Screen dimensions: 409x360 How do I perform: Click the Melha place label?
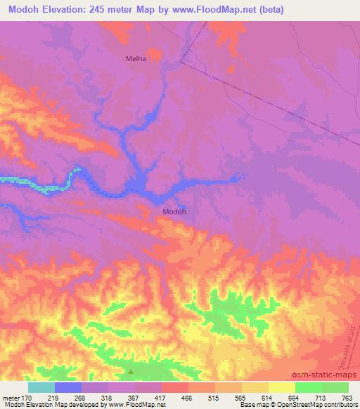(x=136, y=59)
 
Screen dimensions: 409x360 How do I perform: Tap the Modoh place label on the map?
(x=174, y=211)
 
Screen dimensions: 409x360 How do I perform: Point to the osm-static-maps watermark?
(x=321, y=377)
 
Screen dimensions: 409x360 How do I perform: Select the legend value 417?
(x=161, y=398)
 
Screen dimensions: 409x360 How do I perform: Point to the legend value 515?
(x=214, y=398)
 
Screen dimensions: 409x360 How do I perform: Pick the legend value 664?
(x=295, y=398)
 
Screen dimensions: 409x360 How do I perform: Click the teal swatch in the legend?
(x=41, y=387)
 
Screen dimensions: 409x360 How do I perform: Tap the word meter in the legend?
(x=11, y=398)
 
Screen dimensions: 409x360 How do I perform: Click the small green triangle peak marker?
(x=130, y=371)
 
